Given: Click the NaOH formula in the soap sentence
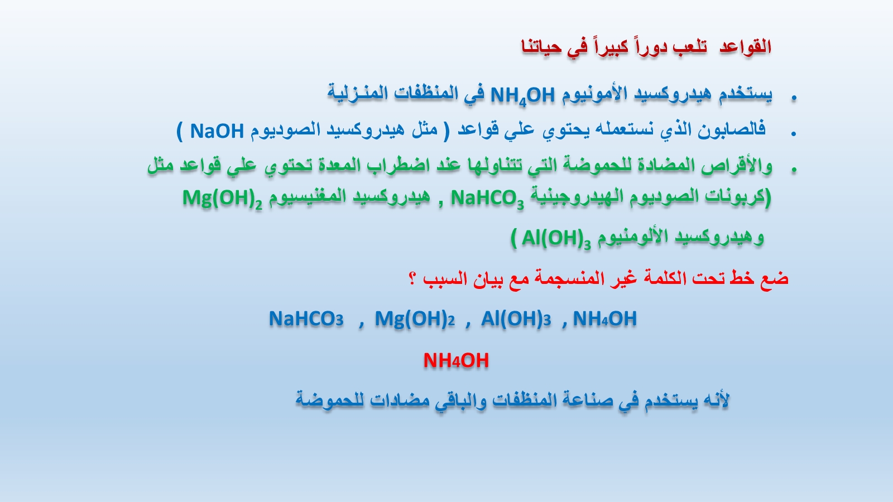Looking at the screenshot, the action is pos(217,131).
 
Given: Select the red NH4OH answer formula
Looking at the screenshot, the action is pos(456,360).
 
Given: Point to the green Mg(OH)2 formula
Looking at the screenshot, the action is pos(223,199).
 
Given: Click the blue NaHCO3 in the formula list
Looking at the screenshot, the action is pos(306,318).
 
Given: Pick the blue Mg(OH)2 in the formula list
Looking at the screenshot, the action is pos(415,319).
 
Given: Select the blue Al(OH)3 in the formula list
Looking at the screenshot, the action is pos(516,319).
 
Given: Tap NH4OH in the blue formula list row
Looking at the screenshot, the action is pos(605,318).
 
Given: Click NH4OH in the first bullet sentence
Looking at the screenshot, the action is pos(522,96).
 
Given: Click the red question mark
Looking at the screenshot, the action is pos(412,278).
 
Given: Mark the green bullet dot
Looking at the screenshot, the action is pos(794,170).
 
